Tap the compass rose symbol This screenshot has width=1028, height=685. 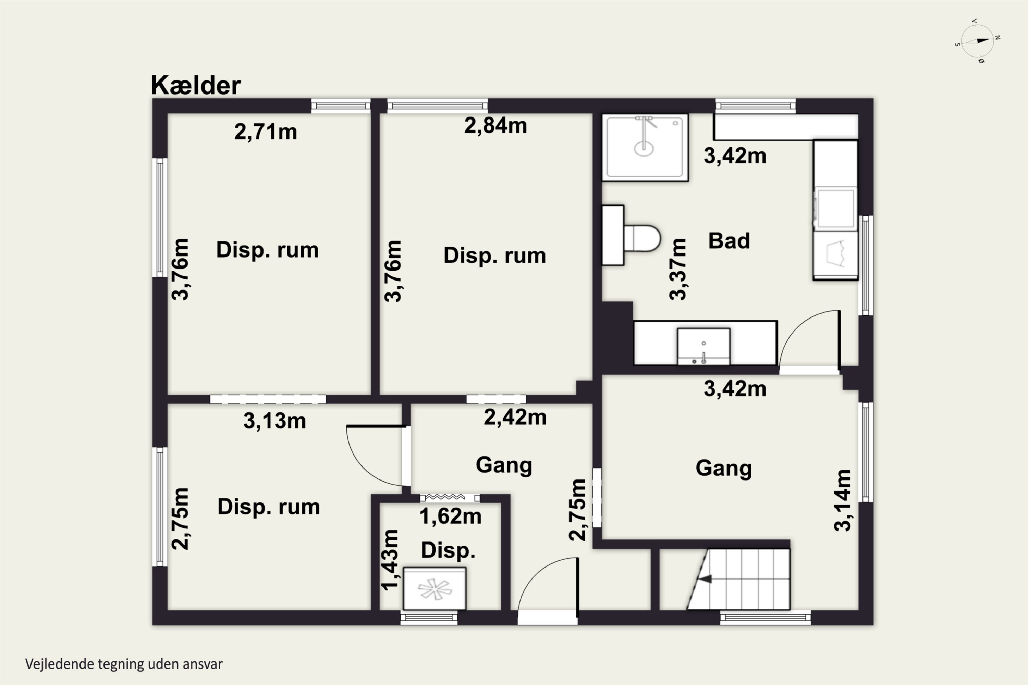coord(978,41)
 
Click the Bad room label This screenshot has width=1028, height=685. coord(729,241)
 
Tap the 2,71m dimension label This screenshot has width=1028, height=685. coord(266,132)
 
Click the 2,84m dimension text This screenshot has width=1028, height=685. coord(495,126)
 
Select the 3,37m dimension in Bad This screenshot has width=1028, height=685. coord(678,269)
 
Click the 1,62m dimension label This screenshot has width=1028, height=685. coord(450,516)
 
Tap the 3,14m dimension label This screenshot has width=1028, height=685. coord(843,500)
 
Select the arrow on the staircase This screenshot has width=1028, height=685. coord(705,579)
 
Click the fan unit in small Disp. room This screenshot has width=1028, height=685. coord(435,588)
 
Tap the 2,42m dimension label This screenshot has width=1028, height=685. coord(515,418)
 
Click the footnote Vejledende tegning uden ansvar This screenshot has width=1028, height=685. coord(124,664)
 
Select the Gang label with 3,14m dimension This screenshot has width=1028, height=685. coord(724,468)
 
